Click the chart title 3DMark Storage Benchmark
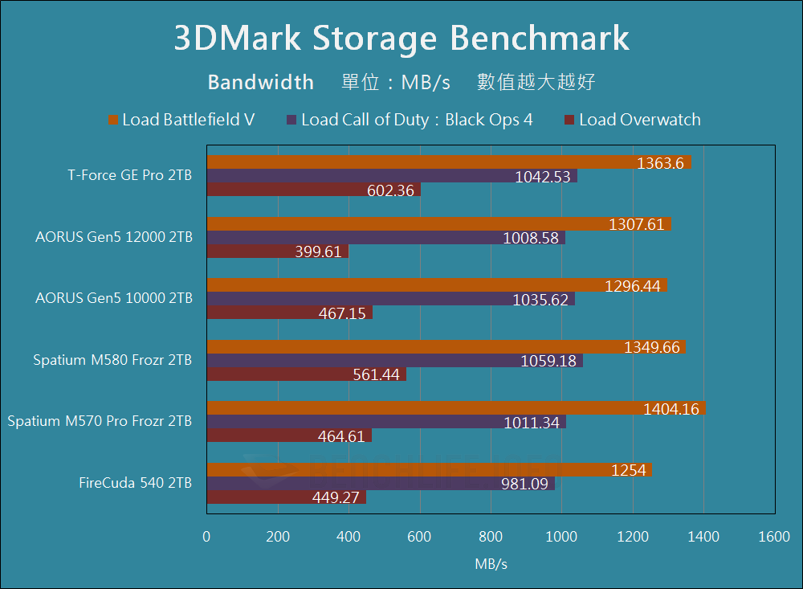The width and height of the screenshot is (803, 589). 401,38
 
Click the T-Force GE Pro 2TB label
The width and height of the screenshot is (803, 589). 130,175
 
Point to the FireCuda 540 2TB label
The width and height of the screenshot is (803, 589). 135,483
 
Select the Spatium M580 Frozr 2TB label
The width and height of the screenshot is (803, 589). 112,360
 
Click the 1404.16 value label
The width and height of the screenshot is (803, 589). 672,409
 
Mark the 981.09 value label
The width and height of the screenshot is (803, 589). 522,484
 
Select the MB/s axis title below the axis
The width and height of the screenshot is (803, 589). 491,564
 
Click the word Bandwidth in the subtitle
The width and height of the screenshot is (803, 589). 260,82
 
